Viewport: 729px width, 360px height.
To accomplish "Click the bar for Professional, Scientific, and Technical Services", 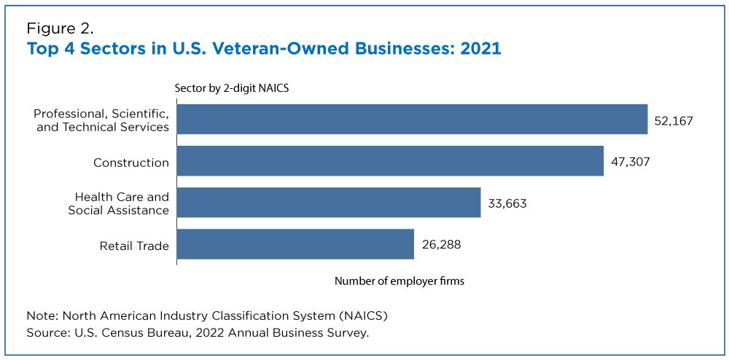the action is (412, 120).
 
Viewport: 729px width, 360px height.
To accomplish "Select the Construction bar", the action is (390, 161).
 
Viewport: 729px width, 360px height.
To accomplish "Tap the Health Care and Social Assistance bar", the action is (329, 202).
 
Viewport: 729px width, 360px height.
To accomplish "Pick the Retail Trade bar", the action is (295, 244).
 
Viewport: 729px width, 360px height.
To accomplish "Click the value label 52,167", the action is (674, 121).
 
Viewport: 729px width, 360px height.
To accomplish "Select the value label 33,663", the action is (507, 203).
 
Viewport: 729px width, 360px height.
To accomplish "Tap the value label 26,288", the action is (441, 244).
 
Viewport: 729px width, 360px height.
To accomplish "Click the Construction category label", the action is (131, 163).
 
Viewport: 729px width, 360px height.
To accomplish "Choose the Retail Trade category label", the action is (134, 246).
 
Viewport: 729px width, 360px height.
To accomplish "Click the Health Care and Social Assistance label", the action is (119, 203).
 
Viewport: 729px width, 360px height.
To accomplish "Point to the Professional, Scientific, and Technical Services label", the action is (102, 120).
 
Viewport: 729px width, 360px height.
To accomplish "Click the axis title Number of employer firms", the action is (399, 281).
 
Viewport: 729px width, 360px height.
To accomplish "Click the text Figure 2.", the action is (61, 29).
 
